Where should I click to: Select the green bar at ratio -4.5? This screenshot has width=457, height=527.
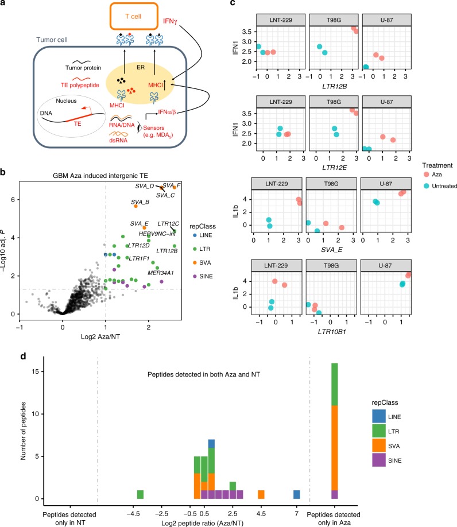[140, 494]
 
